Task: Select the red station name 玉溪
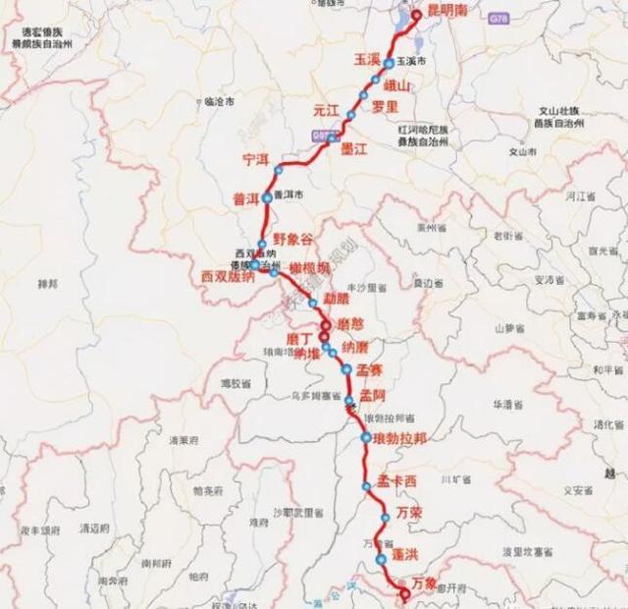tap(366, 60)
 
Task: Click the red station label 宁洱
tap(255, 158)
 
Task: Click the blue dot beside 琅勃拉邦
tap(366, 438)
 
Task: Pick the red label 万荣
tap(409, 513)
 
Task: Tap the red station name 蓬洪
tap(406, 555)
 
